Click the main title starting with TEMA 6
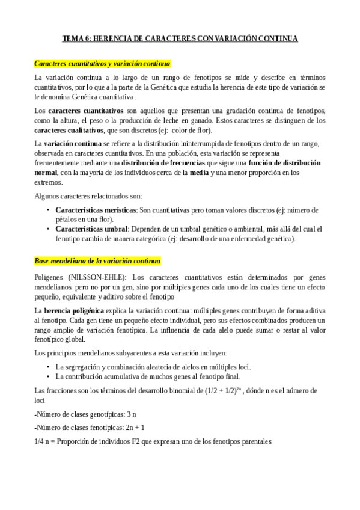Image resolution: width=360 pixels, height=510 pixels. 180,39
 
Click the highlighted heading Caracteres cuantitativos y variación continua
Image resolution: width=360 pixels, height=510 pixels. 103,63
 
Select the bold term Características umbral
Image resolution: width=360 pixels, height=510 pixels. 91,229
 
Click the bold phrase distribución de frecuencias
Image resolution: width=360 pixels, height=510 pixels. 161,163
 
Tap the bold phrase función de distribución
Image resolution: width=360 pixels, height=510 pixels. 284,163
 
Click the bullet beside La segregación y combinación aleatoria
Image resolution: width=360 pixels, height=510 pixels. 48,367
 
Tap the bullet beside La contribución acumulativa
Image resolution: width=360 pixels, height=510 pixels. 48,376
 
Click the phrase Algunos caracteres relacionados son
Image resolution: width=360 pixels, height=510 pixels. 88,197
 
